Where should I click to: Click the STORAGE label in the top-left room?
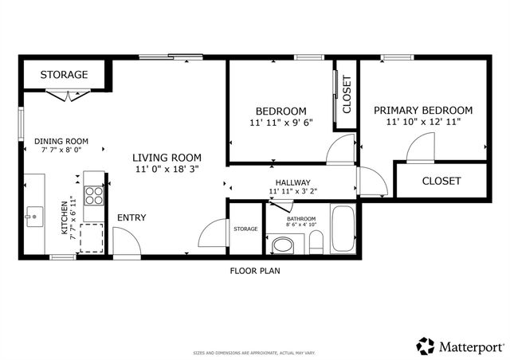pos(64,75)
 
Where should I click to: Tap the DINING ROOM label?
pos(61,141)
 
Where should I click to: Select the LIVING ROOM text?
pos(167,158)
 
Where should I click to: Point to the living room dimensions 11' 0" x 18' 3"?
pos(167,169)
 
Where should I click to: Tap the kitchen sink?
pos(34,215)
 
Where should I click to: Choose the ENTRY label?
pos(131,217)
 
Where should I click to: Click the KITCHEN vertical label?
pos(65,217)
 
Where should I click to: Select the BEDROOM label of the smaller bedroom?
pos(280,111)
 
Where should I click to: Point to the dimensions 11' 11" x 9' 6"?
pos(280,123)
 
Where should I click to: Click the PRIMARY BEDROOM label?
pos(422,111)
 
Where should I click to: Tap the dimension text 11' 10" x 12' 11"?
pos(422,122)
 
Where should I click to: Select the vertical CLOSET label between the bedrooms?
pos(347,94)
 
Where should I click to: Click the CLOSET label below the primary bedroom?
pos(441,181)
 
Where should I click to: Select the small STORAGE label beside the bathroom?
pos(245,229)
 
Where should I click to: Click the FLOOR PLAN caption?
pos(255,270)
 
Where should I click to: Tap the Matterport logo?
pos(460,346)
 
